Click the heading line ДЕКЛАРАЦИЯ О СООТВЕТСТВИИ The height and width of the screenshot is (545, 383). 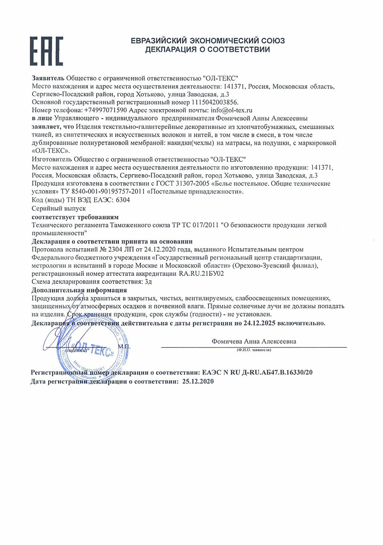coord(208,50)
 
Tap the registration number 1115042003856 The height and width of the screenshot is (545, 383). coord(215,102)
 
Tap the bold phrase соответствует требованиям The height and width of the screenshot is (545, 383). coord(75,216)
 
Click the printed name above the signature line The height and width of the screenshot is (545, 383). coord(254,341)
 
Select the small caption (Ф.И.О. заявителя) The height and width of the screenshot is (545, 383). coord(254,350)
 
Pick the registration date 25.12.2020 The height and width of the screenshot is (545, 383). coord(198,381)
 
